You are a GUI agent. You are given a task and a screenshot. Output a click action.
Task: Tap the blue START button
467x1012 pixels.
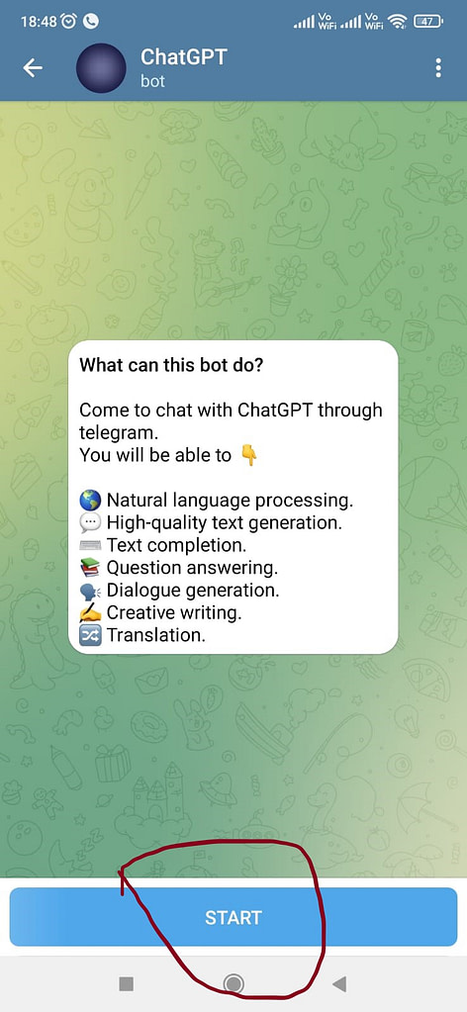pos(233,916)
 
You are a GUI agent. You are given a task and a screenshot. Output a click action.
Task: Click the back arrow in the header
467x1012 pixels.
pos(33,68)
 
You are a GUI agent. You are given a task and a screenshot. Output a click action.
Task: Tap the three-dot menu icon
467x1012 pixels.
pos(438,68)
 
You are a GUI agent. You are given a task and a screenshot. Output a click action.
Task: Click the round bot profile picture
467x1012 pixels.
pos(101,68)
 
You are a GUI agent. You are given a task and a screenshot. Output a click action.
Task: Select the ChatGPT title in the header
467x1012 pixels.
pos(184,56)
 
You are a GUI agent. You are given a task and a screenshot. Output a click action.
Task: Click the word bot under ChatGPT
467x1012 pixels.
pos(153,81)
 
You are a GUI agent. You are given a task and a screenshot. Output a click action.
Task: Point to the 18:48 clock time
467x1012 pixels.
pos(39,22)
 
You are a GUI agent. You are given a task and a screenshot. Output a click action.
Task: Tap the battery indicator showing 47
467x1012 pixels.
pos(428,22)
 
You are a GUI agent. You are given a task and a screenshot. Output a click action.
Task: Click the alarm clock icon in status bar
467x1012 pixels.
pos(69,22)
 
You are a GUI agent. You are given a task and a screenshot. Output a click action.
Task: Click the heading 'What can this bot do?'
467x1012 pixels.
pos(171,365)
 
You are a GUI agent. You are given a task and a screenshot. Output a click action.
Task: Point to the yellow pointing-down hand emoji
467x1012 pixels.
pos(248,456)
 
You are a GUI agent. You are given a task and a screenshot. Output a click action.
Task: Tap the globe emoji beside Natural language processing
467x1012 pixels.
pos(89,501)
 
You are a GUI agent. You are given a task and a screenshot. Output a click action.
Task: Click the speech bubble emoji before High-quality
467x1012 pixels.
pos(89,522)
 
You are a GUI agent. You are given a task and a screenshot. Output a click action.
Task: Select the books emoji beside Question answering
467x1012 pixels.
pos(89,568)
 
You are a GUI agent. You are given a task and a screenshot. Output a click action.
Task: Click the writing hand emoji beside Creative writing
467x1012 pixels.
pos(89,612)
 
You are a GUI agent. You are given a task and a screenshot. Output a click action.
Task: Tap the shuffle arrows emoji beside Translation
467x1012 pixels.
pos(89,636)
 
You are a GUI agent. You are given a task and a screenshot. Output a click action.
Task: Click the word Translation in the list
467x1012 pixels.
pos(155,636)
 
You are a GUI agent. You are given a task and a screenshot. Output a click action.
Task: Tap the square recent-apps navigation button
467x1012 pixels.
pos(127,983)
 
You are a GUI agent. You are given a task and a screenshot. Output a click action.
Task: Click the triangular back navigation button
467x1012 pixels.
pos(339,983)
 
